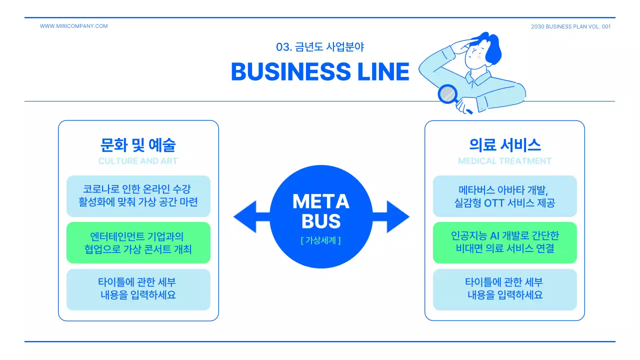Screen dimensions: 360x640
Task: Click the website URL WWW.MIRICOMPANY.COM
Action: pos(73,26)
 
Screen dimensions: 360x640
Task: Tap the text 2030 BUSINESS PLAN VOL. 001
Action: pos(570,26)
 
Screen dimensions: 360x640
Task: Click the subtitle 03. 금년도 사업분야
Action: pos(320,47)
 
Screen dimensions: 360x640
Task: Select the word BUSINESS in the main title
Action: pos(291,71)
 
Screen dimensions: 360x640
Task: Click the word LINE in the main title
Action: pos(383,71)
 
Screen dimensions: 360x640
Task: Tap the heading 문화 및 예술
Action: pos(138,145)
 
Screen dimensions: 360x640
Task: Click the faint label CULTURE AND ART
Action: pos(138,161)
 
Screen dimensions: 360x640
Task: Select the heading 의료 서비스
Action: pos(504,145)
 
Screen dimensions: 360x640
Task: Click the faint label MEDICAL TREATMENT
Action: pos(504,161)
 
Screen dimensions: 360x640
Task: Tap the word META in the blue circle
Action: pos(320,202)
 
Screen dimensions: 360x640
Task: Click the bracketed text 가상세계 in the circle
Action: pos(320,240)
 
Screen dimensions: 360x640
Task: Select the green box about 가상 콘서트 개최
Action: pos(138,242)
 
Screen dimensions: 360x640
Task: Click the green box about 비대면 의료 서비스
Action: pos(504,242)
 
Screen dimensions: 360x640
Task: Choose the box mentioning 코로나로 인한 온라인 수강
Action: pos(138,196)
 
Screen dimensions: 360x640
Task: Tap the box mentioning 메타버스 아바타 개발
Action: pos(504,196)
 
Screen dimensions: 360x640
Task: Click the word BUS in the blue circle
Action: pos(320,221)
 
